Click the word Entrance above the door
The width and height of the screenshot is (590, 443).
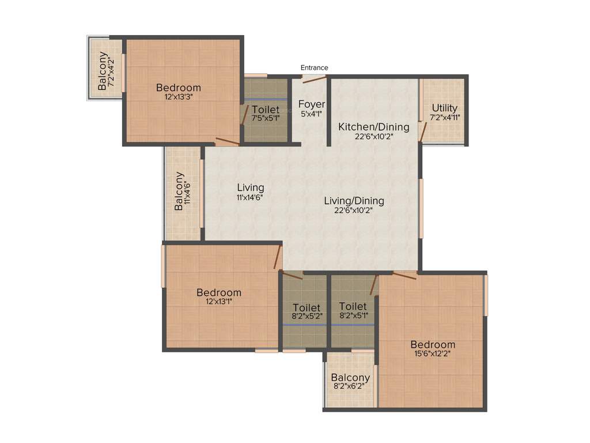(x=314, y=67)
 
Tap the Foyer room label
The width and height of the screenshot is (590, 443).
(x=312, y=104)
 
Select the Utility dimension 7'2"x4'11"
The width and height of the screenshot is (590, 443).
(x=445, y=118)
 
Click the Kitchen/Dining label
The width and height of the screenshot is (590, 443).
(x=373, y=127)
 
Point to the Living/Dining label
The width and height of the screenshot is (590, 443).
(x=354, y=201)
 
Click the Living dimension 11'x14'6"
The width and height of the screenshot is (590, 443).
(x=250, y=197)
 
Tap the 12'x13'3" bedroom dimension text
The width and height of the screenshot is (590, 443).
(x=179, y=97)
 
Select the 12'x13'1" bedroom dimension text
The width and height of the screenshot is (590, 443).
(x=218, y=302)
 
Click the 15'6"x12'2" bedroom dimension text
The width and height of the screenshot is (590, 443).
(x=433, y=354)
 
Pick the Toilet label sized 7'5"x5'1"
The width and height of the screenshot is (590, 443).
(x=266, y=110)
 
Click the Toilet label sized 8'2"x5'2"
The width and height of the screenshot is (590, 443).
(x=306, y=307)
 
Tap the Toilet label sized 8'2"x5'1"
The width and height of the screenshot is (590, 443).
(x=353, y=306)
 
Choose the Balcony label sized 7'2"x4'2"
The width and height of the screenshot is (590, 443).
(x=103, y=71)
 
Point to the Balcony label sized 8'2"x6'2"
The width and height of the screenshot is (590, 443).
(x=350, y=378)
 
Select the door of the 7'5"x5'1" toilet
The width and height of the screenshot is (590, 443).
(x=244, y=115)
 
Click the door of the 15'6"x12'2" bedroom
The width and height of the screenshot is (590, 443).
(x=404, y=275)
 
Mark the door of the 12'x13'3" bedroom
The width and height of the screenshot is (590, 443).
(x=227, y=141)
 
